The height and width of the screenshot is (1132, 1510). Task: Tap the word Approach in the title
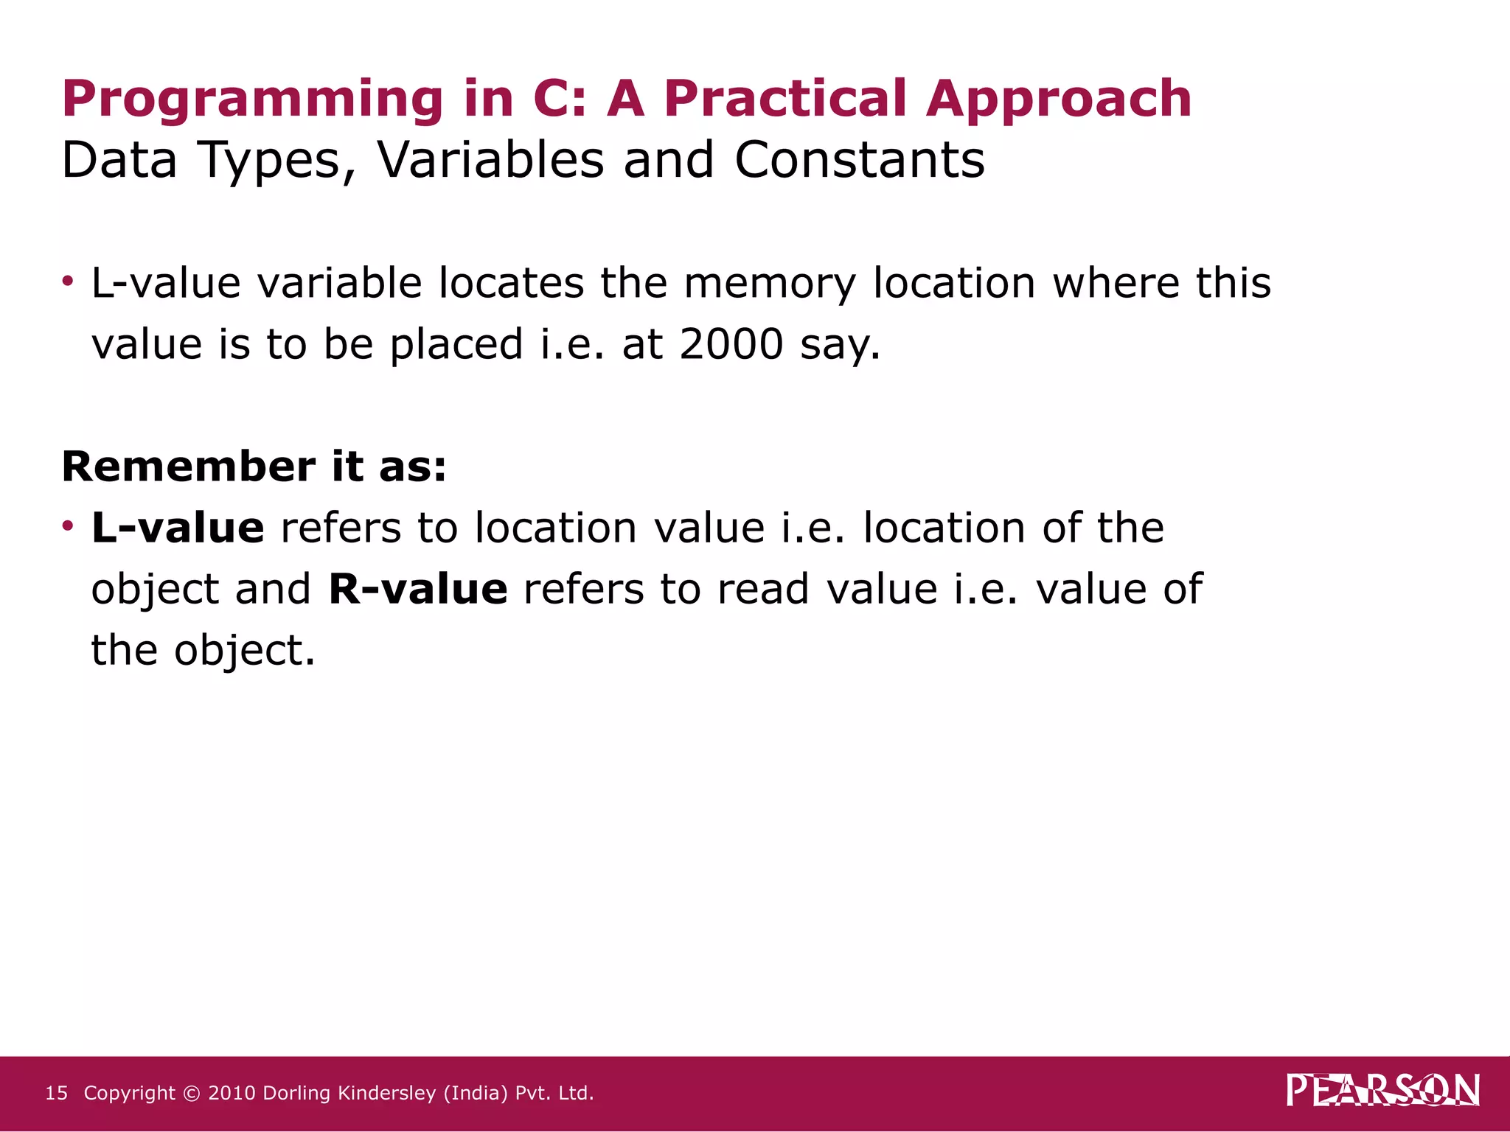[1059, 99]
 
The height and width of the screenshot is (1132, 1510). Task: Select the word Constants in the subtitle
[860, 160]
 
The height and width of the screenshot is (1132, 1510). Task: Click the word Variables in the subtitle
[490, 160]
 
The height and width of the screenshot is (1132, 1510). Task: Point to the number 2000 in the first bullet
[731, 344]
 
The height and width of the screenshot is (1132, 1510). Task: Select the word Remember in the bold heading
[189, 467]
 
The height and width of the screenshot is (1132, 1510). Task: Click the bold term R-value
[418, 589]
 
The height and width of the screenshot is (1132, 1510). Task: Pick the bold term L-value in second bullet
[178, 528]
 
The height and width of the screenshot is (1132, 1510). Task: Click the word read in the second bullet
[763, 589]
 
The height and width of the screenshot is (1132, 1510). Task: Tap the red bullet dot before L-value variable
[68, 281]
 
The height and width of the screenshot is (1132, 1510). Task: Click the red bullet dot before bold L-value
[68, 525]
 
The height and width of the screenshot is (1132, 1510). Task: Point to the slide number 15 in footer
[56, 1093]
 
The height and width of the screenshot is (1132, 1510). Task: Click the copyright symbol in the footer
[192, 1093]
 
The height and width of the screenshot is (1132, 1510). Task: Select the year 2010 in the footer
[232, 1093]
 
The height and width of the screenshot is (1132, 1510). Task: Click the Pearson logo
[1383, 1091]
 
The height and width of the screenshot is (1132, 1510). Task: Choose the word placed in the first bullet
[456, 344]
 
